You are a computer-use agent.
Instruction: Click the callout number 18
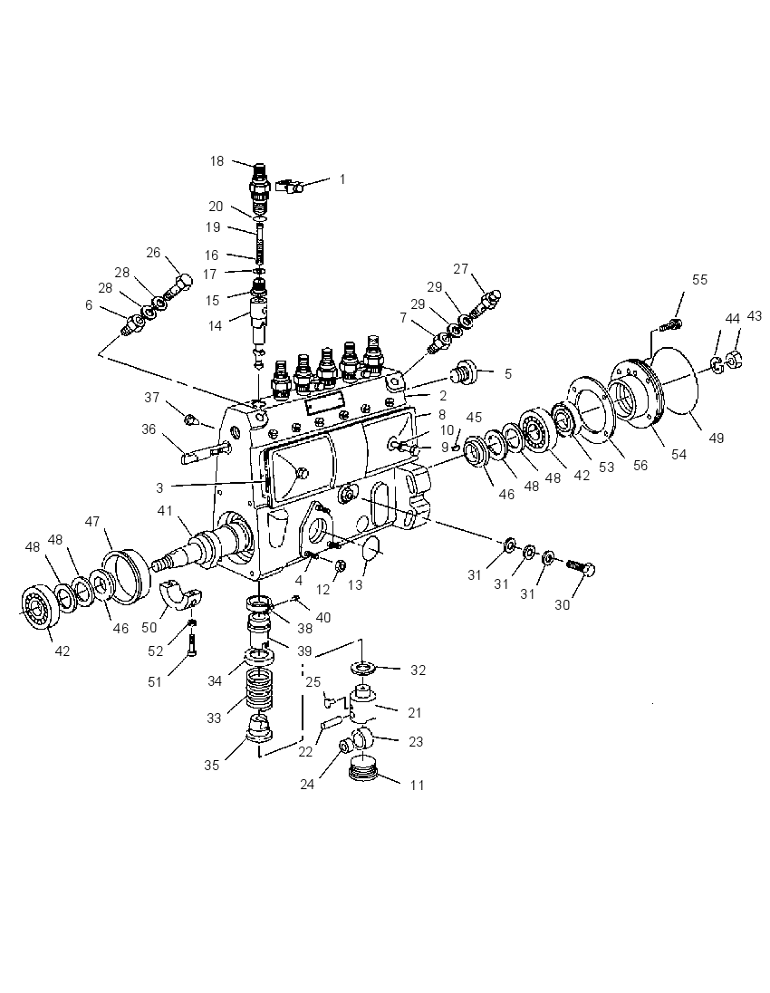coord(217,161)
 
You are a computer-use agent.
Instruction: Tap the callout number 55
coord(699,280)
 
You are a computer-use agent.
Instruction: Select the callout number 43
coord(755,315)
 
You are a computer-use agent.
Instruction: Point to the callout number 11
coord(417,786)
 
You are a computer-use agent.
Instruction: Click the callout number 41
coord(165,510)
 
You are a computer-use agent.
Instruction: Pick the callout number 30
coord(563,605)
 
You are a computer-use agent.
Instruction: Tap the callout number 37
coord(151,397)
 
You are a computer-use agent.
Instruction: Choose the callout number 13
coord(355,585)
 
